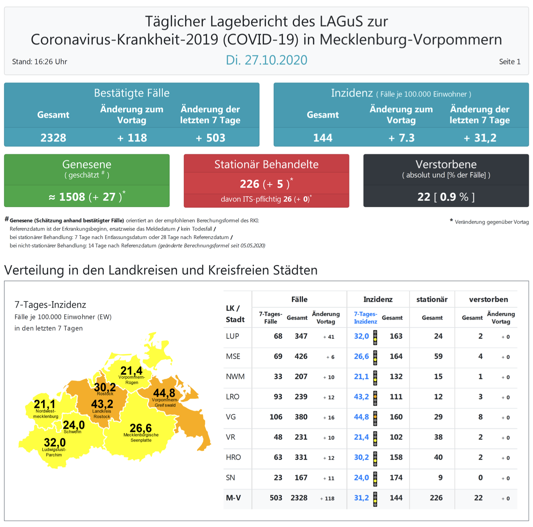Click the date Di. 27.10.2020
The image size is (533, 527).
tap(266, 60)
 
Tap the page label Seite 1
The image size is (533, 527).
tap(509, 62)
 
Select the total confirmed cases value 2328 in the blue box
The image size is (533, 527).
tap(53, 138)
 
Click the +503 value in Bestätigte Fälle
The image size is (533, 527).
tap(210, 138)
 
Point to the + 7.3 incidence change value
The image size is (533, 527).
tap(401, 138)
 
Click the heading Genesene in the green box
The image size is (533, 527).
tap(87, 164)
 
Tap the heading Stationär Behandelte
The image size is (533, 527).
tap(266, 164)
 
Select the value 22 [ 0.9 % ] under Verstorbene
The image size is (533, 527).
tap(446, 197)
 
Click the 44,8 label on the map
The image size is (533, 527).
tap(164, 393)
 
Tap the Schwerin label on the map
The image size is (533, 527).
tap(72, 432)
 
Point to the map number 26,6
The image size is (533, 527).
tap(141, 428)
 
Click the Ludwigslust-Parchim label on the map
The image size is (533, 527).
tap(54, 452)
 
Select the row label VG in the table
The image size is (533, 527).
tap(231, 417)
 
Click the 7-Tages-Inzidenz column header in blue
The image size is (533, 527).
tap(365, 318)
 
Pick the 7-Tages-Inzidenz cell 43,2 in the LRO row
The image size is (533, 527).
tap(361, 397)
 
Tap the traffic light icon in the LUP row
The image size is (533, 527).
tap(375, 337)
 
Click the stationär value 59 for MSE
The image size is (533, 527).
tap(438, 356)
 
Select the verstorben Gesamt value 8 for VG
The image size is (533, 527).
tap(480, 417)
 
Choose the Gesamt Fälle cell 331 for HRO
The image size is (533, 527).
tap(301, 457)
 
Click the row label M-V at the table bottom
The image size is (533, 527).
tap(233, 498)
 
